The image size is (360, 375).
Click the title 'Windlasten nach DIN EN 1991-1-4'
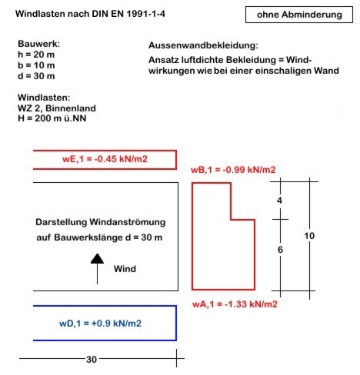click(x=90, y=14)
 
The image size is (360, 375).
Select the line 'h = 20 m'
click(x=36, y=55)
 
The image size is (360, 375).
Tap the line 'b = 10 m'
click(x=36, y=65)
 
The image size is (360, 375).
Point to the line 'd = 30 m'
click(x=36, y=76)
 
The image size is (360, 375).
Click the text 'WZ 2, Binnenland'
click(x=57, y=108)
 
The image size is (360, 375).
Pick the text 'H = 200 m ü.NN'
click(x=52, y=118)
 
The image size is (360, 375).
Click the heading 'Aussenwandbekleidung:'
click(x=203, y=45)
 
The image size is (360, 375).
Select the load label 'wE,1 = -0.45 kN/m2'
click(x=105, y=159)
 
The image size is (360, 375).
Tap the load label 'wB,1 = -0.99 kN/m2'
click(x=233, y=170)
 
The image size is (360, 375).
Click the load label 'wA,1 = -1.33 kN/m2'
click(x=235, y=304)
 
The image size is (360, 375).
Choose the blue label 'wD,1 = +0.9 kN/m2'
click(x=100, y=324)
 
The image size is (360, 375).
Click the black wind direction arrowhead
click(x=97, y=259)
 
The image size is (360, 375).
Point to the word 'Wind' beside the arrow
click(x=125, y=269)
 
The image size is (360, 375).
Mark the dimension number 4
click(x=279, y=201)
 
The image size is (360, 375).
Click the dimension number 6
click(x=280, y=250)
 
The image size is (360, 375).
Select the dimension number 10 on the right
click(x=309, y=236)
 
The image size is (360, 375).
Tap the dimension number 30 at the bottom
click(x=92, y=360)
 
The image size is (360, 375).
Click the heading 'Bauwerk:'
click(x=38, y=44)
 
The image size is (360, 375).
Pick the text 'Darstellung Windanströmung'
click(x=101, y=222)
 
